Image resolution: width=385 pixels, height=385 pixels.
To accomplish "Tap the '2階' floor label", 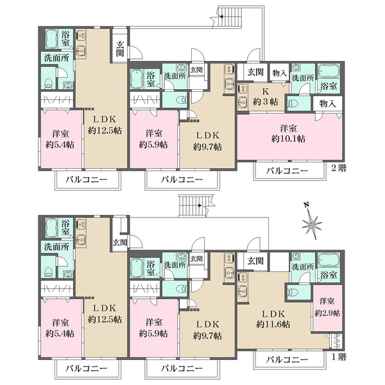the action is point(339,168).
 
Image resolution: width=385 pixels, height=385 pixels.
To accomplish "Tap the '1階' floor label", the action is point(339,357).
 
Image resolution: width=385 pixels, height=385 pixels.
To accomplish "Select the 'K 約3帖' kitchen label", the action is point(266,97).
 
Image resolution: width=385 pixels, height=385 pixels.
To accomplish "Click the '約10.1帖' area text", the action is point(288,139).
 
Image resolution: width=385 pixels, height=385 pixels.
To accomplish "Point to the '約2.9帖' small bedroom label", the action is point(327,313).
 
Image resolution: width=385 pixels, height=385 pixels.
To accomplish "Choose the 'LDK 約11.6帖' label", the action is point(273,319).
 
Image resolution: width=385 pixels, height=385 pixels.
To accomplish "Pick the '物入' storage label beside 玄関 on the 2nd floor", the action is point(279,73).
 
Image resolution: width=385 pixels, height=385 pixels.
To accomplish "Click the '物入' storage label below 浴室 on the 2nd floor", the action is point(327,103).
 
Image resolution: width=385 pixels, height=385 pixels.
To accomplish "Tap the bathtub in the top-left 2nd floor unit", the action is point(51,39).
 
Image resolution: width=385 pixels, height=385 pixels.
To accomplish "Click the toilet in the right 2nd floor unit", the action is point(293,105).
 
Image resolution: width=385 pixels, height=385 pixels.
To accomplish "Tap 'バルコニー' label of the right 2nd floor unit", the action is point(287,171).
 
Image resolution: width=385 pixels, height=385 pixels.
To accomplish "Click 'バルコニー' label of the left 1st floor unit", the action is point(87,368).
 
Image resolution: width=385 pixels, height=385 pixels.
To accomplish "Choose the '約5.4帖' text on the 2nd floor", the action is point(60,144).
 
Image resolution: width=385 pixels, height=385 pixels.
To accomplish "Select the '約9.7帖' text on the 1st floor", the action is point(207,336).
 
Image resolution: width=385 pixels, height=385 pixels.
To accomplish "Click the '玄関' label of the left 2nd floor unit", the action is point(120,49).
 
